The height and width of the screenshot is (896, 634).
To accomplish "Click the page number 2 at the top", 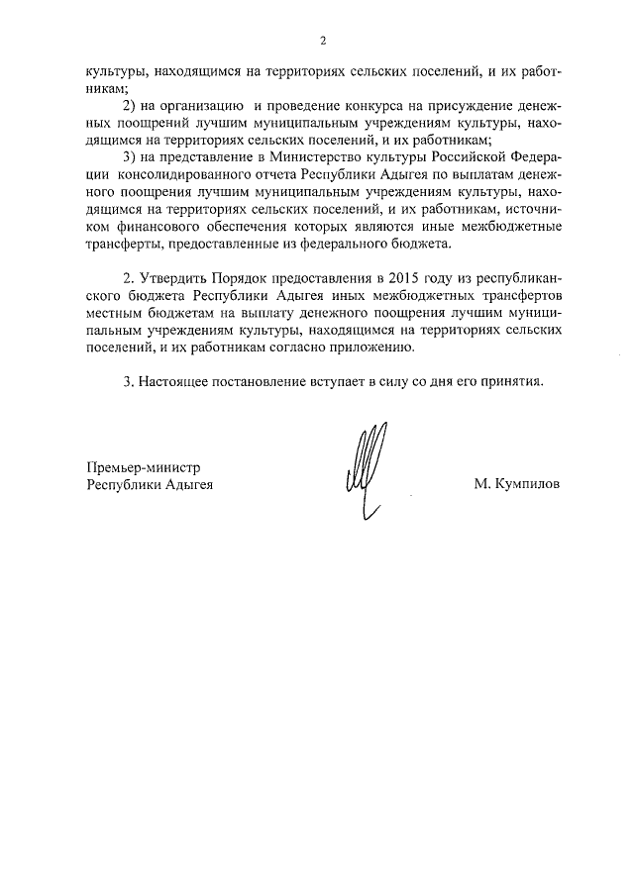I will [x=322, y=41].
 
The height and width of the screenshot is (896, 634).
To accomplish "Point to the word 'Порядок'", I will [x=240, y=276].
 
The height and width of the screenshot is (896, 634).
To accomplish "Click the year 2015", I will [x=404, y=276].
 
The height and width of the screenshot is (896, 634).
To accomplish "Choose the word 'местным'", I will [x=114, y=312].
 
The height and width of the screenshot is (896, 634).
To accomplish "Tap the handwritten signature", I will [x=365, y=469].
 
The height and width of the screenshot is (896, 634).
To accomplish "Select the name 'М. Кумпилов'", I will [x=516, y=486].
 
